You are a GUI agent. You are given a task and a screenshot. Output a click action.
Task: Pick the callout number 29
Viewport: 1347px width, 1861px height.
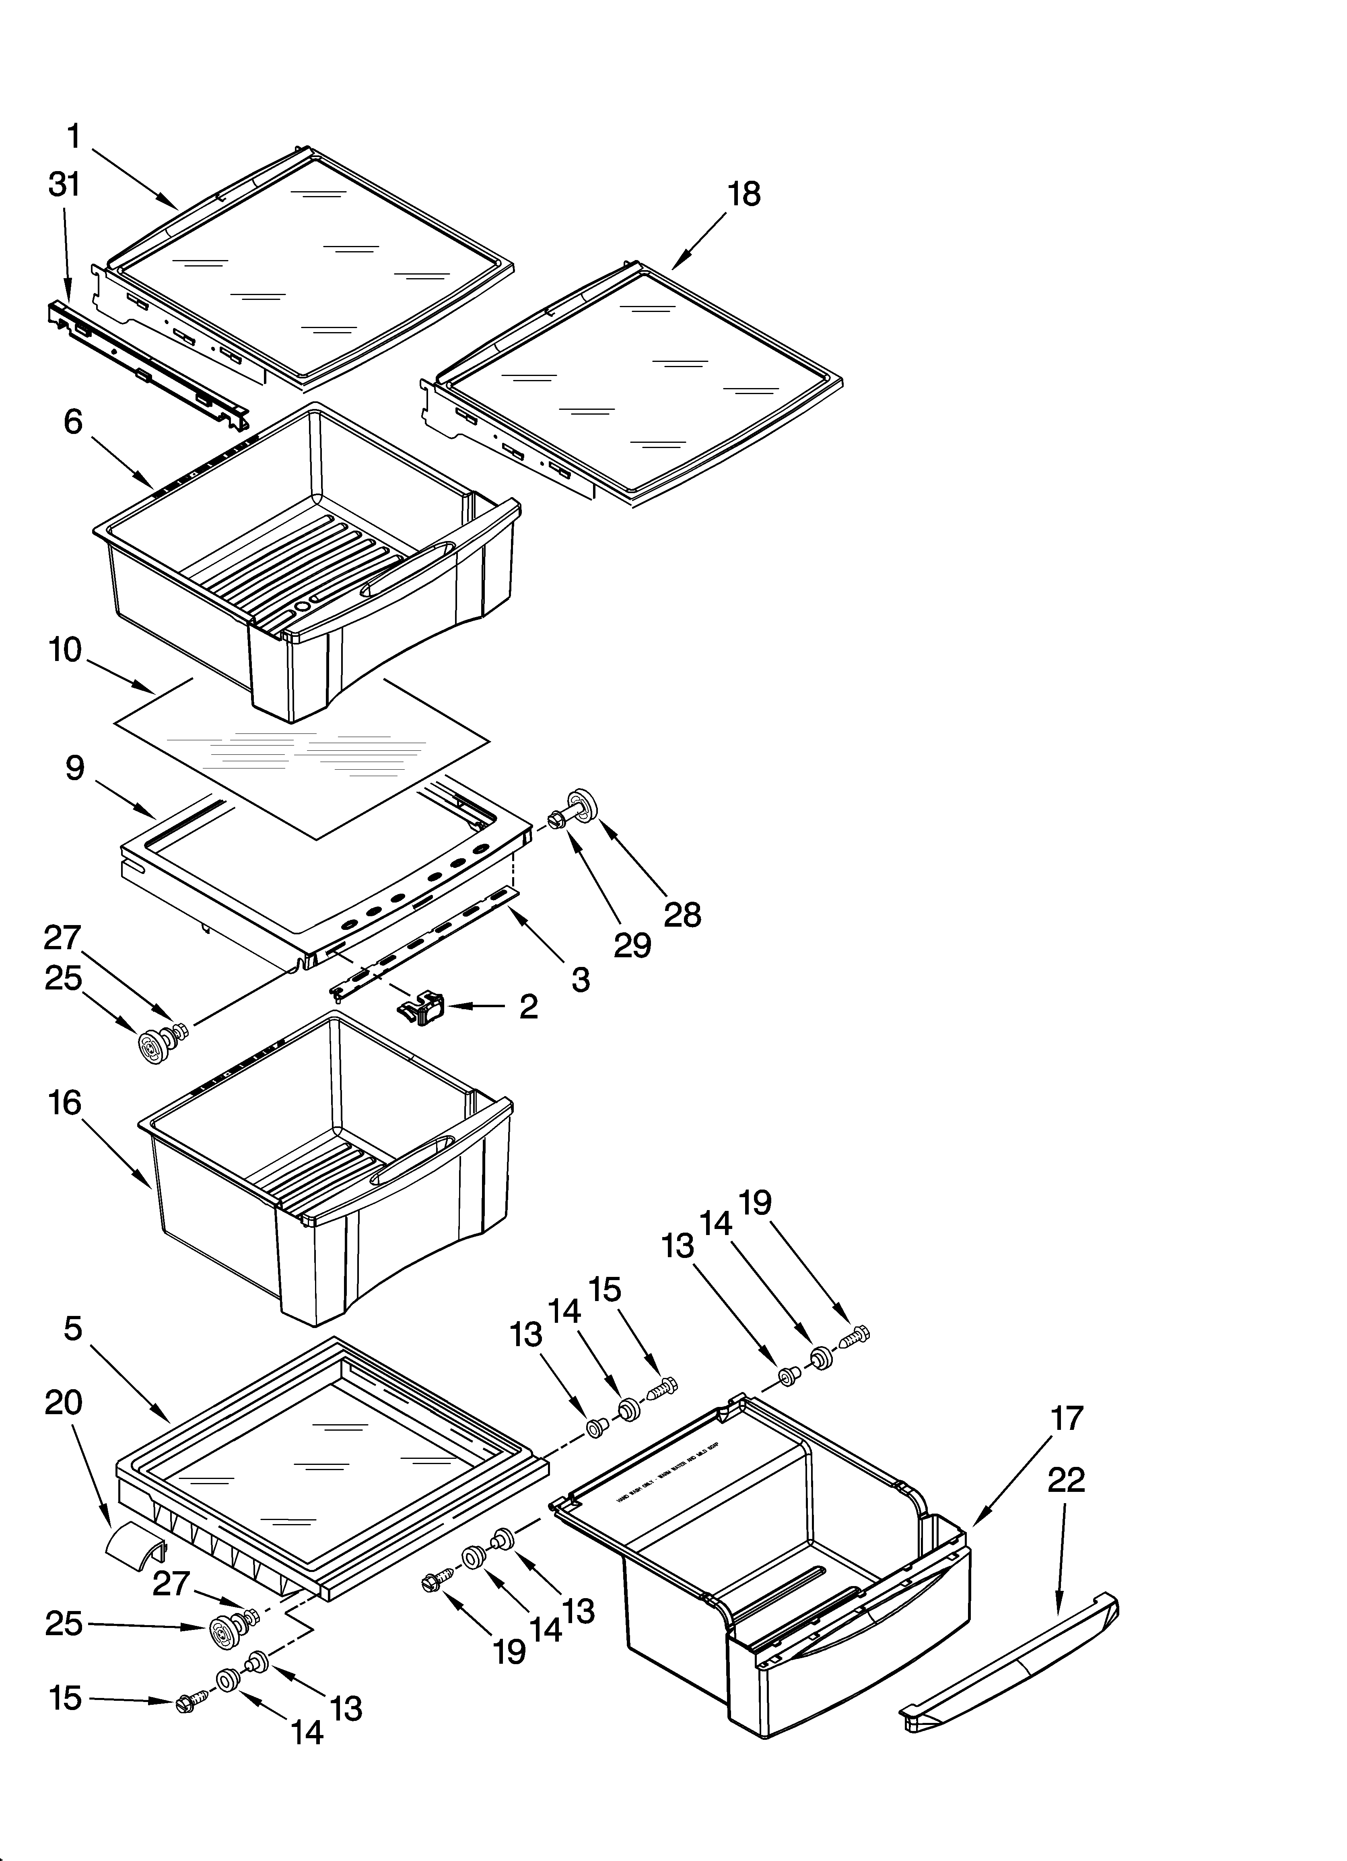coord(632,945)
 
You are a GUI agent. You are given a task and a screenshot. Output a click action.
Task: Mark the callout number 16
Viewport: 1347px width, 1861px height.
coord(64,1104)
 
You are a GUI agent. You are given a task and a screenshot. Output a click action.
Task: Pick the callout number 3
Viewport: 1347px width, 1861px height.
coord(581,979)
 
